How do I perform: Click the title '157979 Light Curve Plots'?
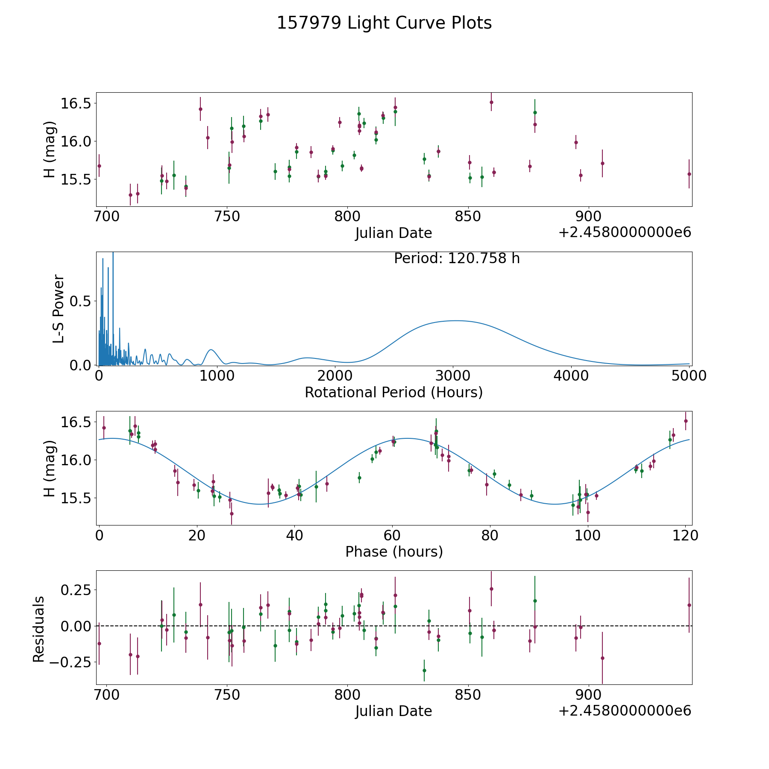[384, 23]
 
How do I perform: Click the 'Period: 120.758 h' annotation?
[457, 258]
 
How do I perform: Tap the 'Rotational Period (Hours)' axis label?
[393, 392]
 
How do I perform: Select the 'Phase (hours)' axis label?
[394, 552]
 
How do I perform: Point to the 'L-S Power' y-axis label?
[59, 308]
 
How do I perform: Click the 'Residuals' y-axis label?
[39, 629]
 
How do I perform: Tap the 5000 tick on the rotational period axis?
[689, 376]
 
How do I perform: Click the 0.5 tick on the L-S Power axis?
[81, 302]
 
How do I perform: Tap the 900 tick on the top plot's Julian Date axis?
[589, 217]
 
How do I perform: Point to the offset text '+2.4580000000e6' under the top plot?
[625, 233]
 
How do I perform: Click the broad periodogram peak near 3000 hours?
[456, 320]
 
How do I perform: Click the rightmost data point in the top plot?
[689, 174]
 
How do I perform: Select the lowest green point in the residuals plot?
[424, 670]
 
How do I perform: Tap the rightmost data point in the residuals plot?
[689, 605]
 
